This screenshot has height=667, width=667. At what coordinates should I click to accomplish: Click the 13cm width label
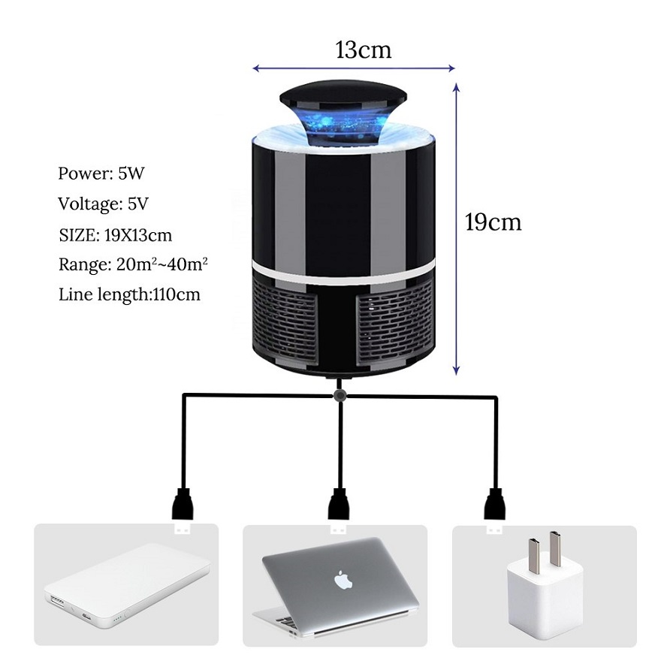click(x=364, y=50)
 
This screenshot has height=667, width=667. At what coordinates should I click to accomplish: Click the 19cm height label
click(x=493, y=222)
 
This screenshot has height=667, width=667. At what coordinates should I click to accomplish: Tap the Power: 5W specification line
click(x=101, y=173)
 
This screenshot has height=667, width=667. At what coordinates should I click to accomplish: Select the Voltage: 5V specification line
click(x=104, y=204)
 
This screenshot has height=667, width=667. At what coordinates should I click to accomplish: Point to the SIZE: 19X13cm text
click(x=115, y=235)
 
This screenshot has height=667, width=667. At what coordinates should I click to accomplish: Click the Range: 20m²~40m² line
click(x=133, y=264)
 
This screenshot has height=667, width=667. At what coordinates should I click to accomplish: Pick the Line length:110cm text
click(x=129, y=294)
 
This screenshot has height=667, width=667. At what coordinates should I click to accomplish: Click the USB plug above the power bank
click(x=183, y=512)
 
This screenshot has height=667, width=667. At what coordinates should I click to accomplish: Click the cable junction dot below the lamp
click(x=340, y=396)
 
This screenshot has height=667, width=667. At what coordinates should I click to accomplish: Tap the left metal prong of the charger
click(x=534, y=552)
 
